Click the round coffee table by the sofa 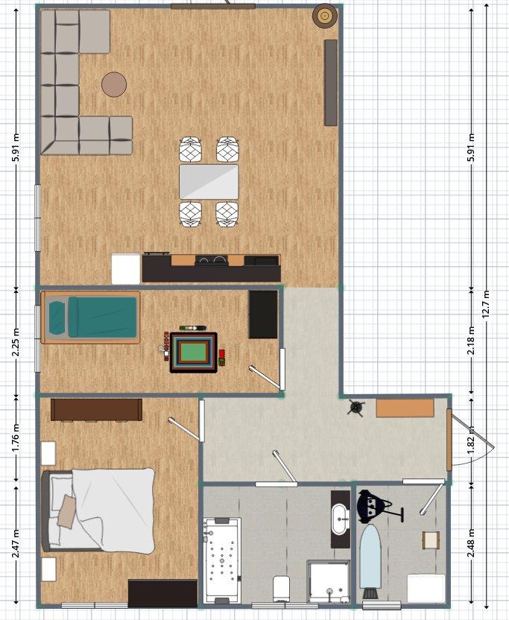pos(114,84)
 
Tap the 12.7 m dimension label pos(487,304)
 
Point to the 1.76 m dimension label pos(16,439)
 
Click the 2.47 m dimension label pos(16,543)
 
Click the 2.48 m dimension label pos(471,543)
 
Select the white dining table pos(209,181)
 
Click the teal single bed pos(91,317)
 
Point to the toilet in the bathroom pos(281,587)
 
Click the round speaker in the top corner pos(325,16)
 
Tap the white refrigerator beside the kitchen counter pos(126,268)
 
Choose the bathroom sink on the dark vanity pos(340,519)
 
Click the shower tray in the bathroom pos(328,581)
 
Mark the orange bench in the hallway pos(405,408)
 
